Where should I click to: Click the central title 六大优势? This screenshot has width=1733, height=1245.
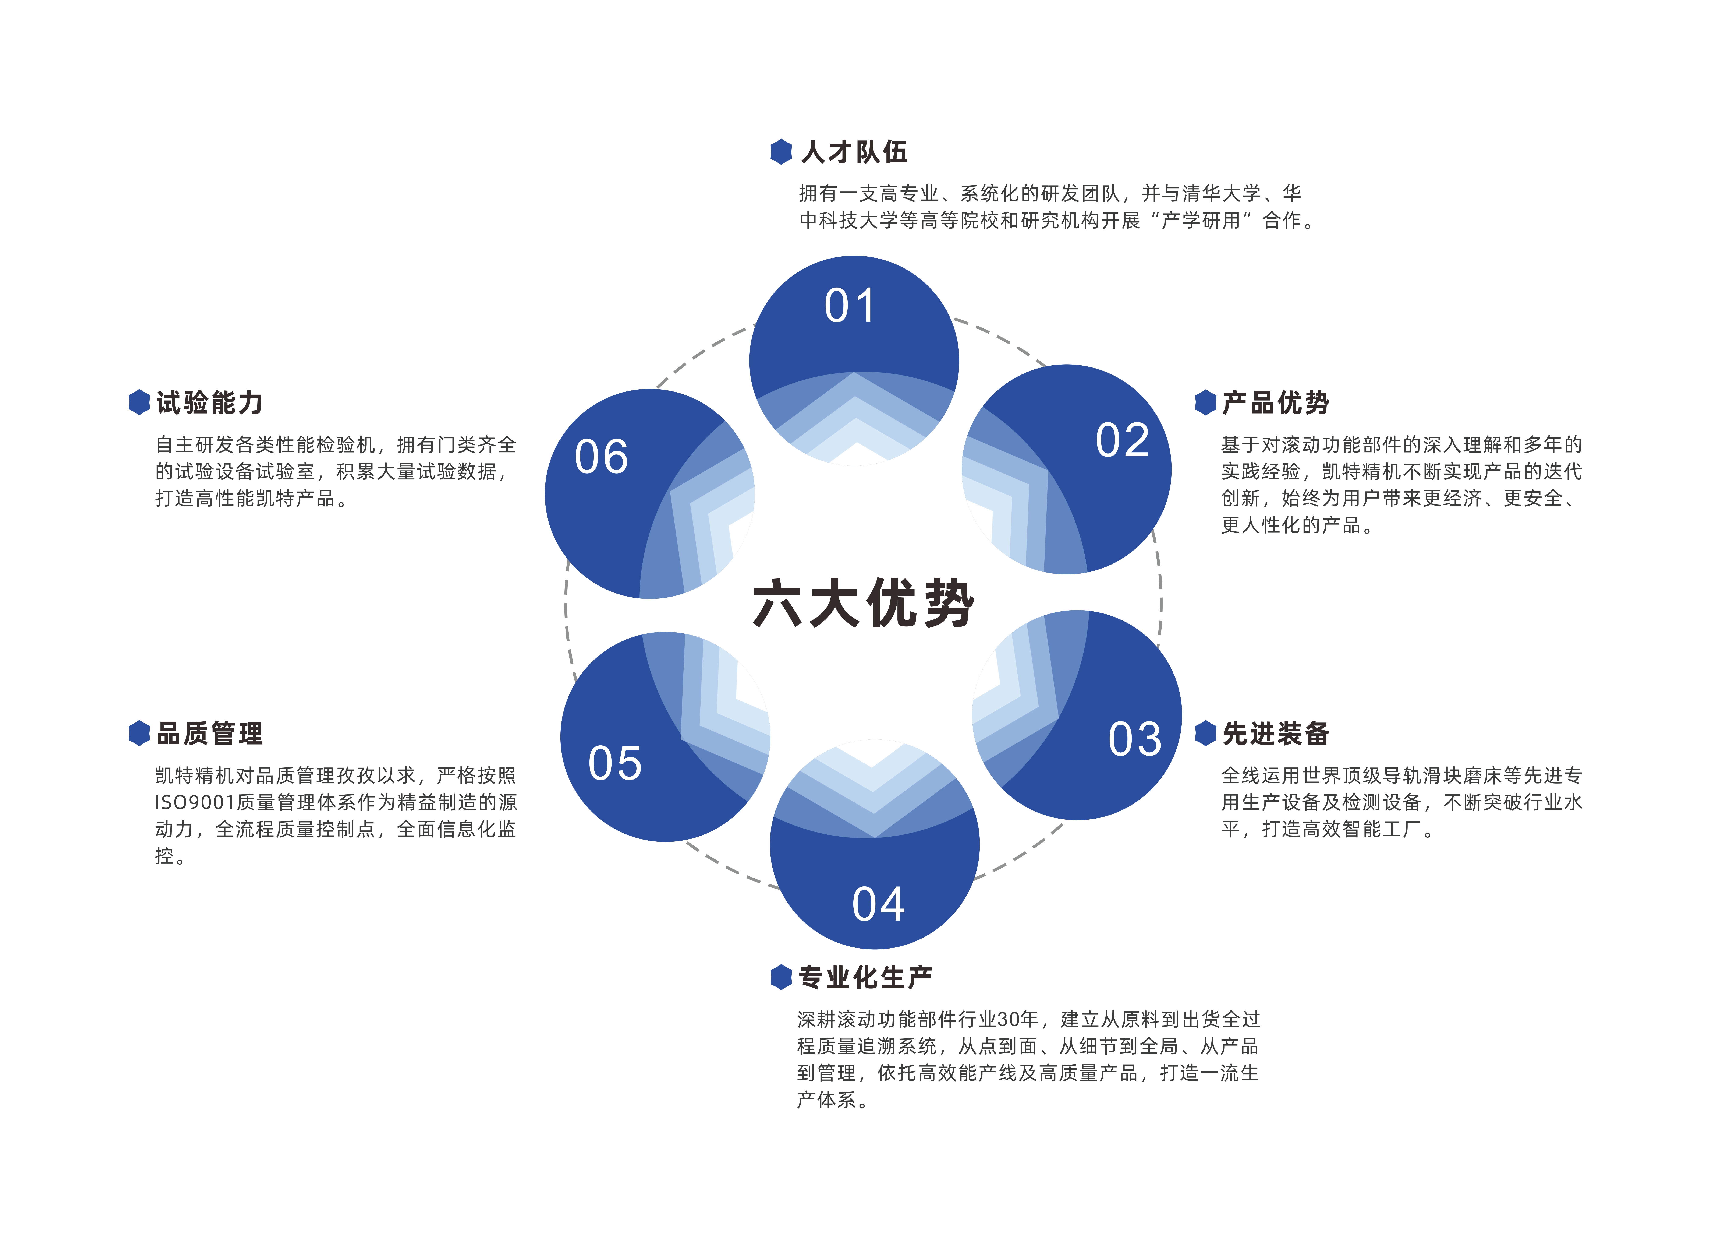864,604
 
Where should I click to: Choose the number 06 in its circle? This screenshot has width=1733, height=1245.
601,457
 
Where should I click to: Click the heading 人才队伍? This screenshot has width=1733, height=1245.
854,152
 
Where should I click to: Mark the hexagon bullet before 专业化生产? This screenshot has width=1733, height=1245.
781,977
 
